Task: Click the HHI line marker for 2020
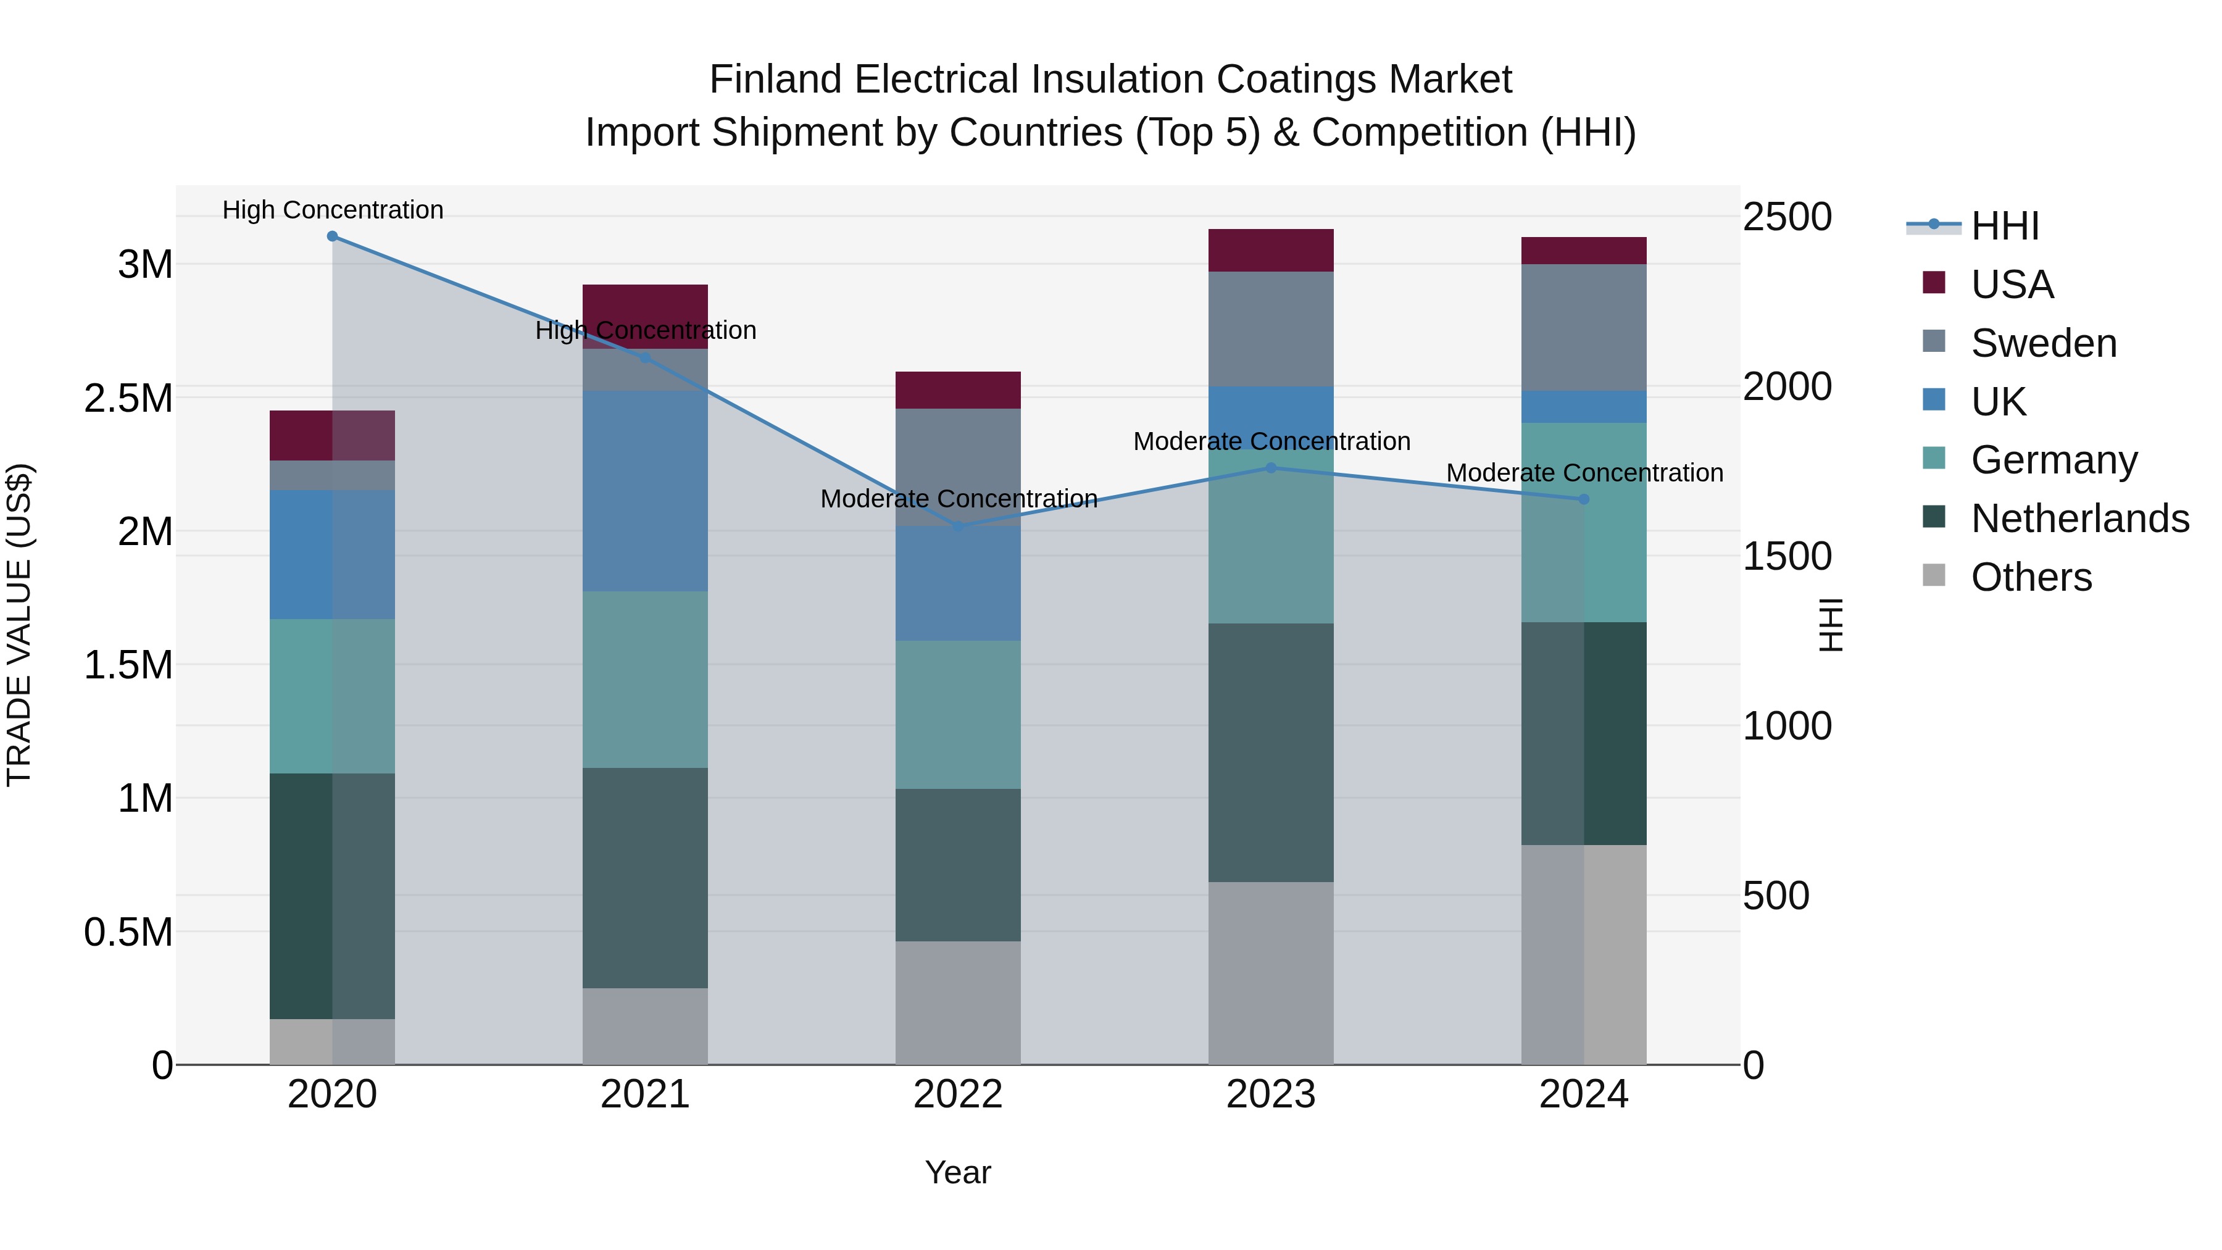(x=332, y=236)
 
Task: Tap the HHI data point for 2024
(x=1584, y=499)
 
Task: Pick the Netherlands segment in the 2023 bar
(x=1271, y=752)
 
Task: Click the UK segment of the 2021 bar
(x=645, y=491)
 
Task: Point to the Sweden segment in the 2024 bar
(x=1584, y=327)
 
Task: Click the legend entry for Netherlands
(x=2079, y=519)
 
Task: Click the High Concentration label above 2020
(x=332, y=210)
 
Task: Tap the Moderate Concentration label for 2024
(x=1584, y=473)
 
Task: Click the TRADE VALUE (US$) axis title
(x=19, y=625)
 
